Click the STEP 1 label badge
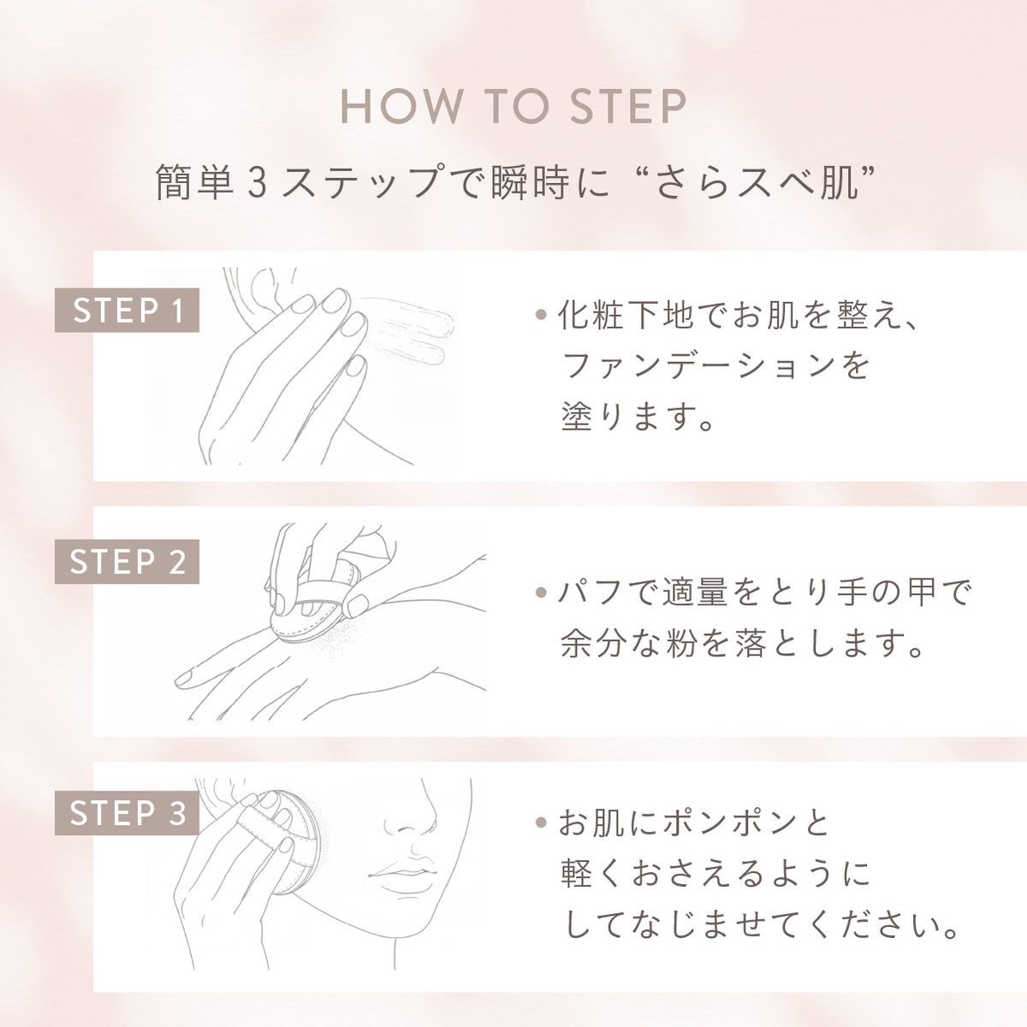coord(127,311)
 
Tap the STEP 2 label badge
coord(127,562)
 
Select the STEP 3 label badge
coord(127,813)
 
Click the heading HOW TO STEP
coord(513,108)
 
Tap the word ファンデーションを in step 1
coord(715,366)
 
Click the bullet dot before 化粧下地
coord(540,315)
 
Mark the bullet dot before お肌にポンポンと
coord(540,824)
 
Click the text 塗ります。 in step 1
coord(638,419)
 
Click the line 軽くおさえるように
coord(715,875)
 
